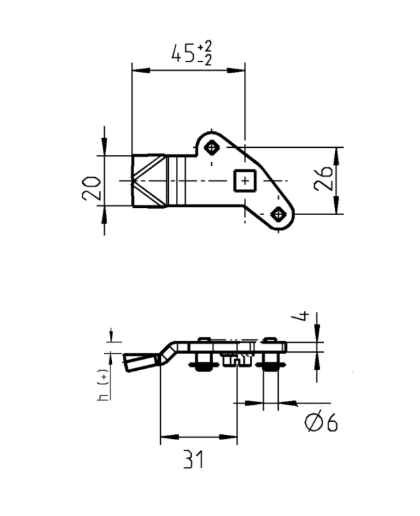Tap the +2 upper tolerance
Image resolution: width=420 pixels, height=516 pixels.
[x=205, y=46]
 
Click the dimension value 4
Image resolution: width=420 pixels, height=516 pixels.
[x=303, y=318]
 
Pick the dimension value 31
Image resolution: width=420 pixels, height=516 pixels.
[x=194, y=460]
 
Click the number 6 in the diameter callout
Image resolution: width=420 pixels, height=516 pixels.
[x=330, y=424]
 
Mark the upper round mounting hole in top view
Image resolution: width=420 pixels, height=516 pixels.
[x=211, y=146]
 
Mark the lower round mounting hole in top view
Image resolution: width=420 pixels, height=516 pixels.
[x=279, y=214]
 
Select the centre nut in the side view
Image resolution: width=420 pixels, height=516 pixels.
[x=236, y=360]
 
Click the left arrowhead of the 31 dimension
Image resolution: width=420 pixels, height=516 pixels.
[x=164, y=435]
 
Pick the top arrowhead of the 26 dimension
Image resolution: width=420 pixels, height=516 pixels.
[x=337, y=152]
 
